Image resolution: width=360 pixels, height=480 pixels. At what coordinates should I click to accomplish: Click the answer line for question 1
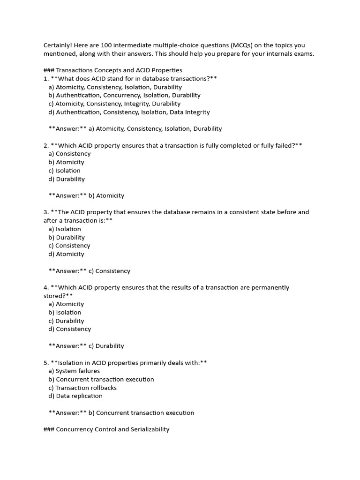point(135,128)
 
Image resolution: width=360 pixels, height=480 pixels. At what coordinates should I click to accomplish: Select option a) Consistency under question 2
point(69,154)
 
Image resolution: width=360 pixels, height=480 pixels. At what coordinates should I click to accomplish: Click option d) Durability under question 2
point(67,179)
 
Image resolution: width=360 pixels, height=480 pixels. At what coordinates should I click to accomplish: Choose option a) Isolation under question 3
point(65,229)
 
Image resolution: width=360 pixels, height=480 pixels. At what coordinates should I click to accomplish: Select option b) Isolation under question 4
point(65,313)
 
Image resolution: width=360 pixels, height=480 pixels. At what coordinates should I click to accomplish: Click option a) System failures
point(74,371)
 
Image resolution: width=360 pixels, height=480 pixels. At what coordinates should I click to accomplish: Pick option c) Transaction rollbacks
point(82,388)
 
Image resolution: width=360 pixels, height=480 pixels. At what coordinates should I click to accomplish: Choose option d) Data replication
point(75,396)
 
